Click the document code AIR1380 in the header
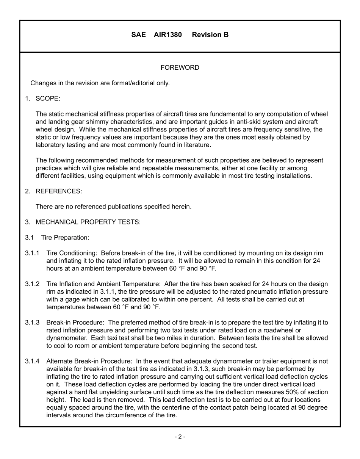click(x=167, y=35)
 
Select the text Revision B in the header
click(x=210, y=35)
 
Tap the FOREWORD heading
click(x=180, y=68)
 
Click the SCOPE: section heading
click(x=48, y=99)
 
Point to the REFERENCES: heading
click(x=58, y=191)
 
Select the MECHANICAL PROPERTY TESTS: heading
click(x=88, y=222)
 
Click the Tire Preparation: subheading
click(x=65, y=238)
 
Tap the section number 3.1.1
click(x=32, y=253)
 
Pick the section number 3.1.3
click(x=32, y=323)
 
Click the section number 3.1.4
click(x=32, y=361)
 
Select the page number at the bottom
click(x=180, y=437)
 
